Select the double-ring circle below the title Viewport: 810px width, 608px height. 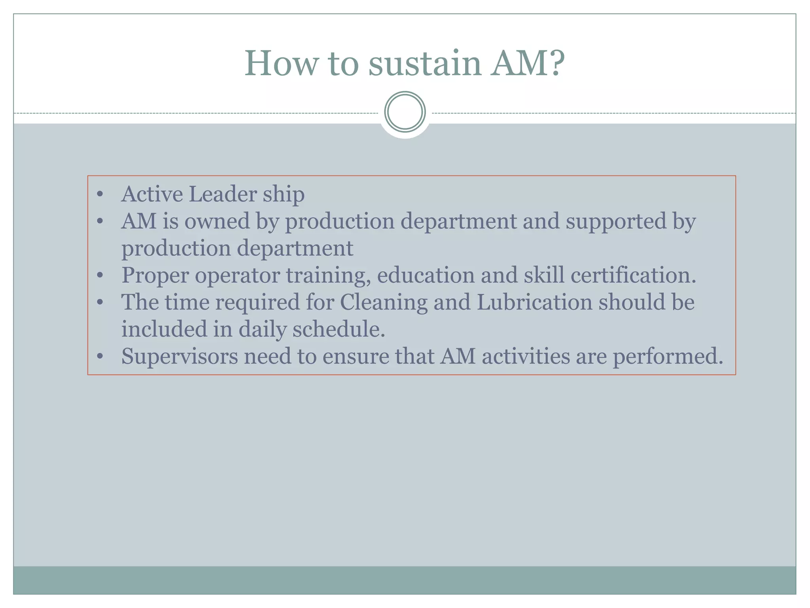405,112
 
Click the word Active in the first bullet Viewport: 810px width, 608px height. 152,194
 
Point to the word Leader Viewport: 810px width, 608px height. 223,194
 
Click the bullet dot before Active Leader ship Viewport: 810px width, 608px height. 100,195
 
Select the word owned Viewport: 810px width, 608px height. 217,221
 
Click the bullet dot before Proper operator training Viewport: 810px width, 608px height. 100,275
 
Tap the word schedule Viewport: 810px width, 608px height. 339,329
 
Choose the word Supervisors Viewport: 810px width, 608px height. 180,356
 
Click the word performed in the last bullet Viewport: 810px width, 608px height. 668,356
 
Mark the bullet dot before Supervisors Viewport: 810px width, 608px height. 100,356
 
